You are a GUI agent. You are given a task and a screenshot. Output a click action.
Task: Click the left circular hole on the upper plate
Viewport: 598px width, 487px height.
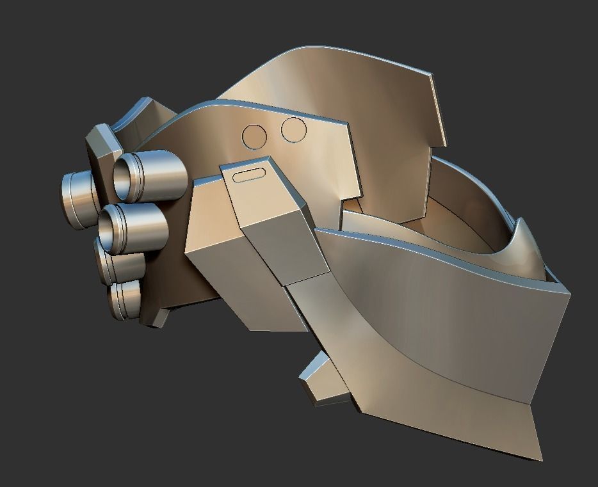click(254, 136)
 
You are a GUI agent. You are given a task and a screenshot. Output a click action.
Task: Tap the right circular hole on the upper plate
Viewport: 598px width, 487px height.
click(294, 130)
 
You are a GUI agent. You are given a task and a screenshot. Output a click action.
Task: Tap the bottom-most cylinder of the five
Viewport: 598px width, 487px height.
click(125, 299)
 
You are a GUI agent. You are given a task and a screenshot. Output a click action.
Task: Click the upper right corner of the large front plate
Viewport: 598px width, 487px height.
click(567, 292)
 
